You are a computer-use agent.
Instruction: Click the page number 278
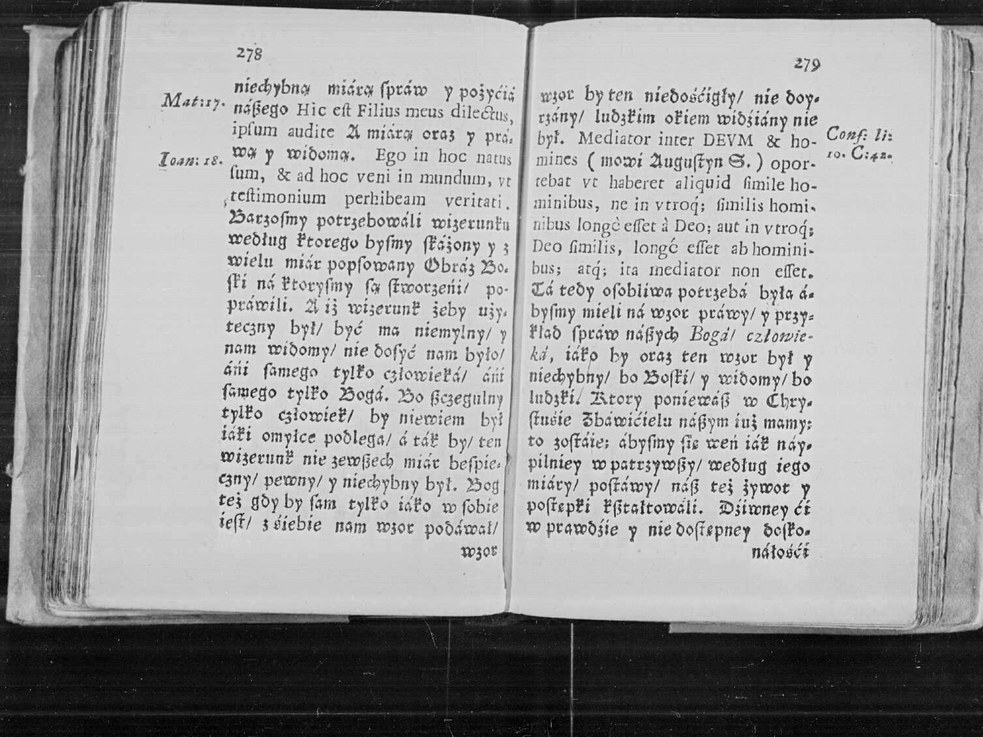(249, 54)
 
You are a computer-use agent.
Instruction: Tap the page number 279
(807, 64)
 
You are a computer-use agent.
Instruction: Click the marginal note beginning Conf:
(858, 143)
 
